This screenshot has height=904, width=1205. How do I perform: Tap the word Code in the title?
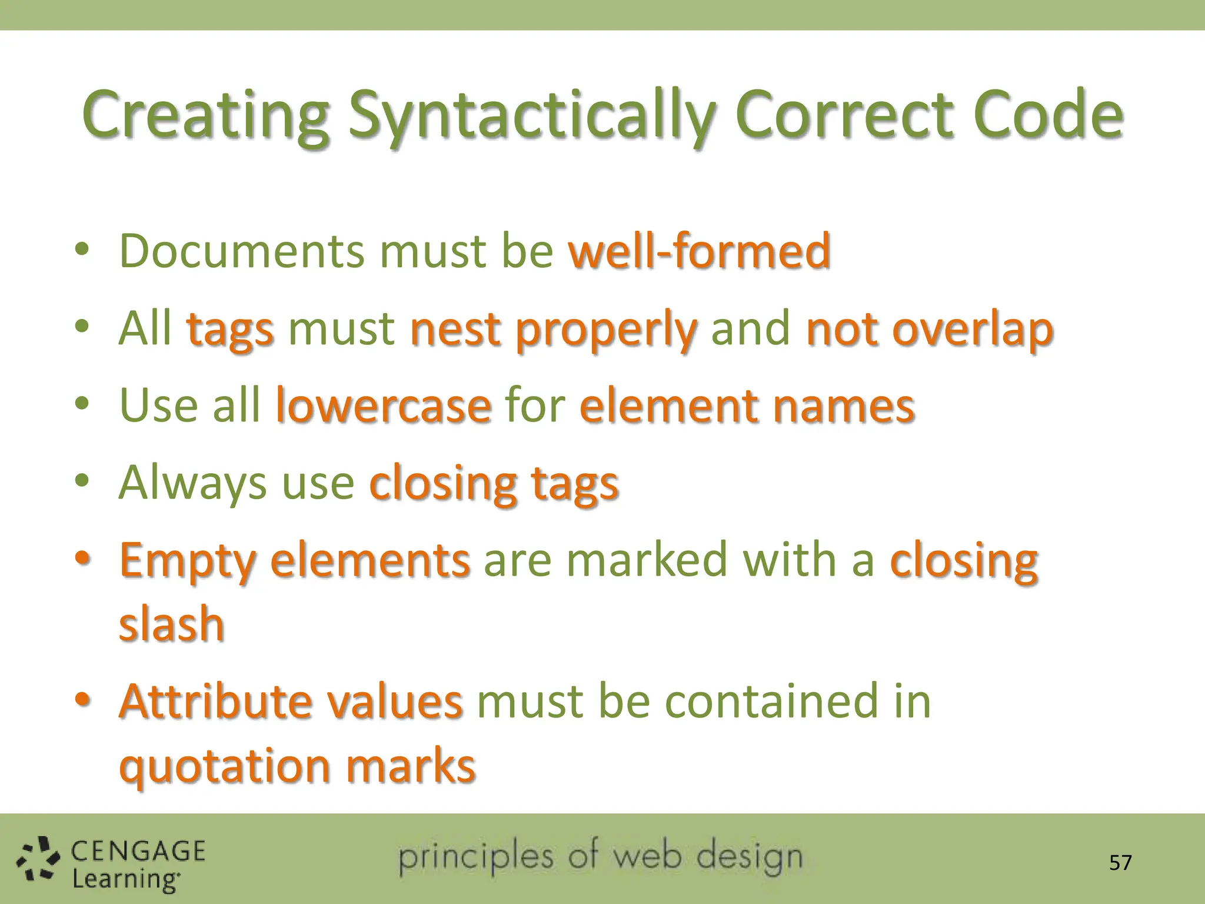[x=1048, y=115]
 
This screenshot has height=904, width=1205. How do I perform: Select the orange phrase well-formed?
[x=699, y=251]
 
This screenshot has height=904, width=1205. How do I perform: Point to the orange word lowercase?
[x=383, y=406]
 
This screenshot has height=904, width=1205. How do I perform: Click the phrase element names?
[x=747, y=406]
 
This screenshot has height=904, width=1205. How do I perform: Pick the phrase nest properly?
[x=553, y=330]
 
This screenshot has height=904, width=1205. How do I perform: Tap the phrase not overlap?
[x=929, y=330]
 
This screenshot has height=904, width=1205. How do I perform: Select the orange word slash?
[x=172, y=624]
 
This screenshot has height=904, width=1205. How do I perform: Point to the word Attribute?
[x=215, y=702]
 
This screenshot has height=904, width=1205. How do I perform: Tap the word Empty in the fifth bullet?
[x=188, y=561]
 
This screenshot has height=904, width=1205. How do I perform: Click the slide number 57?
[x=1120, y=863]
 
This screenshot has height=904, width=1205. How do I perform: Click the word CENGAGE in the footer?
[x=138, y=852]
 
